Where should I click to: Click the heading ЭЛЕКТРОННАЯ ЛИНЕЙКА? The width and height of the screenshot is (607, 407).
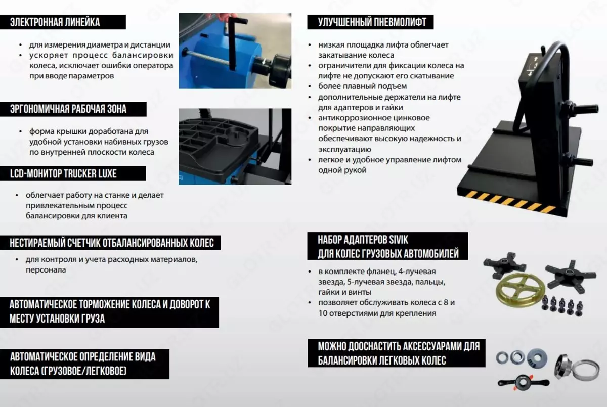(x=55, y=22)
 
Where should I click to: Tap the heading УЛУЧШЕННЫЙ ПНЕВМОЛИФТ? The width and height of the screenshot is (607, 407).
(x=372, y=22)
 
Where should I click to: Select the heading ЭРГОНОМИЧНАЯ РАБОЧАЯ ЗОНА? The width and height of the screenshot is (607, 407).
(x=68, y=109)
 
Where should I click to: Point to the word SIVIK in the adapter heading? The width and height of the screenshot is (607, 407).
(x=399, y=240)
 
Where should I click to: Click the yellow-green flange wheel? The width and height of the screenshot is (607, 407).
(x=516, y=294)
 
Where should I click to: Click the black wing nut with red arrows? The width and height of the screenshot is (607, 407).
(x=523, y=383)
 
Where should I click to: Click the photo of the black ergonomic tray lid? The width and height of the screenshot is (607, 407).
(x=235, y=147)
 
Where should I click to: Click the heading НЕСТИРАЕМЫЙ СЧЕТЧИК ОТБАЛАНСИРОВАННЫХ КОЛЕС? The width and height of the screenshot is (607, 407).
(x=112, y=243)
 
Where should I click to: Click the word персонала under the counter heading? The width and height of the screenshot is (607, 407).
(x=46, y=270)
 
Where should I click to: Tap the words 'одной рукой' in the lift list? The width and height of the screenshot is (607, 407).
(x=342, y=170)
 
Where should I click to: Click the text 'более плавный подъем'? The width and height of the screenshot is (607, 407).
(x=362, y=86)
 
